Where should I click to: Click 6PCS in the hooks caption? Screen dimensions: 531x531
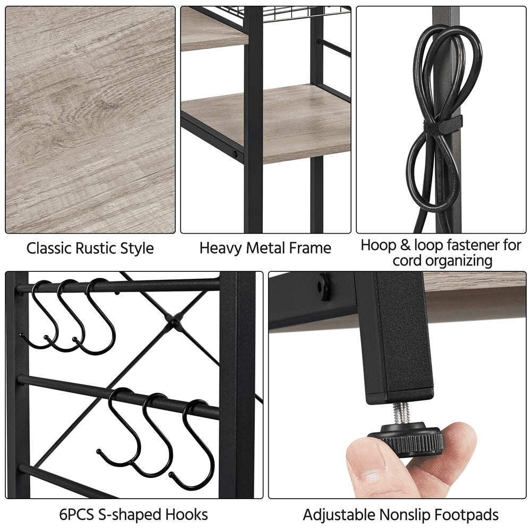click(76, 515)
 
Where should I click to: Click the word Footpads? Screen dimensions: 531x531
click(467, 515)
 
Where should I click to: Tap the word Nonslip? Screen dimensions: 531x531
click(405, 515)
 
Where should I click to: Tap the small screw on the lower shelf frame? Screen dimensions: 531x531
click(234, 154)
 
